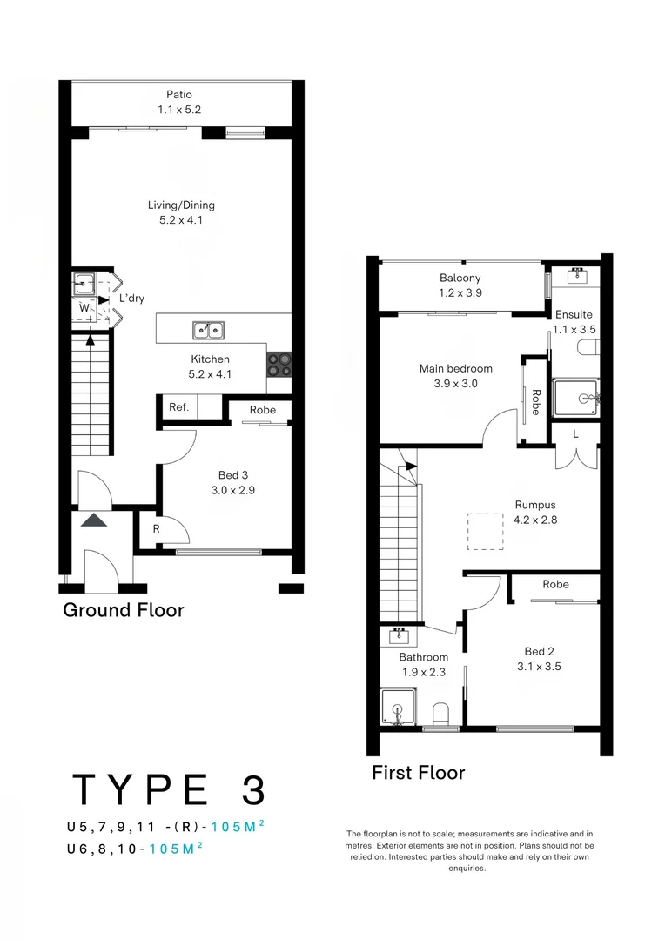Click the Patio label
pyautogui.click(x=179, y=95)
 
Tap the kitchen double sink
pyautogui.click(x=208, y=330)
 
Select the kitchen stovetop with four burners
pyautogui.click(x=279, y=363)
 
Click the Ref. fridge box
pyautogui.click(x=178, y=407)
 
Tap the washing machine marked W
pyautogui.click(x=84, y=307)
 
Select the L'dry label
pyautogui.click(x=131, y=299)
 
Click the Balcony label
pyautogui.click(x=460, y=279)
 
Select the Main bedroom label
pyautogui.click(x=455, y=368)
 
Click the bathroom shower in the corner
pyautogui.click(x=399, y=708)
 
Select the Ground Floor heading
pyautogui.click(x=123, y=610)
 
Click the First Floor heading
pyautogui.click(x=418, y=772)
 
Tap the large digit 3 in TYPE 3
pyautogui.click(x=250, y=789)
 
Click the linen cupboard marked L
pyautogui.click(x=575, y=434)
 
